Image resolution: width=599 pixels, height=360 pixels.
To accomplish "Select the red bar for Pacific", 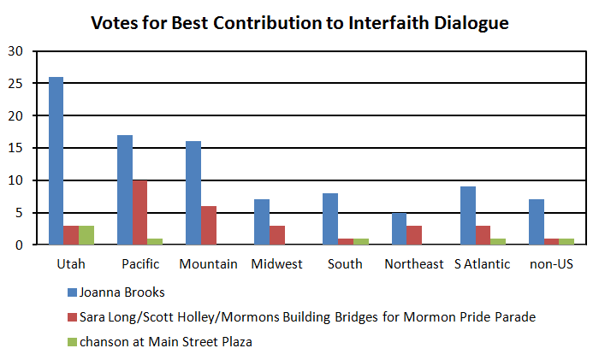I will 139,213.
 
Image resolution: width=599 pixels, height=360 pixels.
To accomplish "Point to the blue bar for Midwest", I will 262,222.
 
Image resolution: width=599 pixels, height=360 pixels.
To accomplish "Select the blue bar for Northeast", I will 400,229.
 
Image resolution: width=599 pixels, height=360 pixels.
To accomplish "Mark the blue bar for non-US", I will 537,222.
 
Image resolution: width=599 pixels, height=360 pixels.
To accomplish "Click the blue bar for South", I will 331,220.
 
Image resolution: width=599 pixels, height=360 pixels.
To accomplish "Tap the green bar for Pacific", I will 155,242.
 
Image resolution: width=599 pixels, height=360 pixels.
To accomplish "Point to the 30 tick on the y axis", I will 17,50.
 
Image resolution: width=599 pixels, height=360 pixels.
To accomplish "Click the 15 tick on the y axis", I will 17,148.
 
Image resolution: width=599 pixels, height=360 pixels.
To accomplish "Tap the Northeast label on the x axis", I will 414,263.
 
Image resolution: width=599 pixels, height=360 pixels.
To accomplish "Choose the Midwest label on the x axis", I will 276,263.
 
